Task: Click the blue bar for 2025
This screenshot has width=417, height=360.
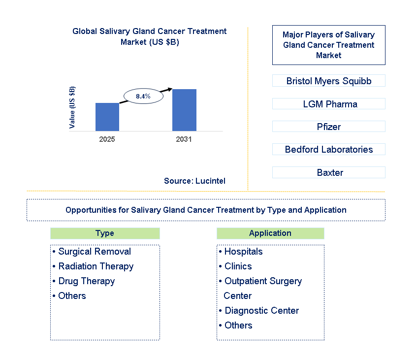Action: click(107, 117)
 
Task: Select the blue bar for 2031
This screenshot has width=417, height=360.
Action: click(184, 110)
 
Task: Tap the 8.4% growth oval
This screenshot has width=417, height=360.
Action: click(143, 96)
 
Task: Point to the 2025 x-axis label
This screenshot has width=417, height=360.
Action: click(107, 139)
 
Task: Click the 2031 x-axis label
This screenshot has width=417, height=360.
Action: click(184, 139)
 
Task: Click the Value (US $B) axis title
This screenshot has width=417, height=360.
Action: click(72, 107)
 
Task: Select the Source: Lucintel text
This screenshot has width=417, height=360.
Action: click(195, 181)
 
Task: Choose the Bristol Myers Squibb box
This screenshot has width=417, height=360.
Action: click(329, 81)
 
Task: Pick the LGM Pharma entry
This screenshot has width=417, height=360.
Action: click(329, 104)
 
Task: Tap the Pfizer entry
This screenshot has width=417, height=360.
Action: click(329, 127)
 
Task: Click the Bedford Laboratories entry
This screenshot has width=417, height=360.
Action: click(329, 149)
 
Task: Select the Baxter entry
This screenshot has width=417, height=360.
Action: click(329, 172)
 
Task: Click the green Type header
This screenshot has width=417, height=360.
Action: click(105, 233)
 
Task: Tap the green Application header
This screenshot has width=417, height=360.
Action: click(270, 233)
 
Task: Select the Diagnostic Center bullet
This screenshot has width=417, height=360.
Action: click(261, 311)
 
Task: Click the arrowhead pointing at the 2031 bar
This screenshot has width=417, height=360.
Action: click(170, 89)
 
